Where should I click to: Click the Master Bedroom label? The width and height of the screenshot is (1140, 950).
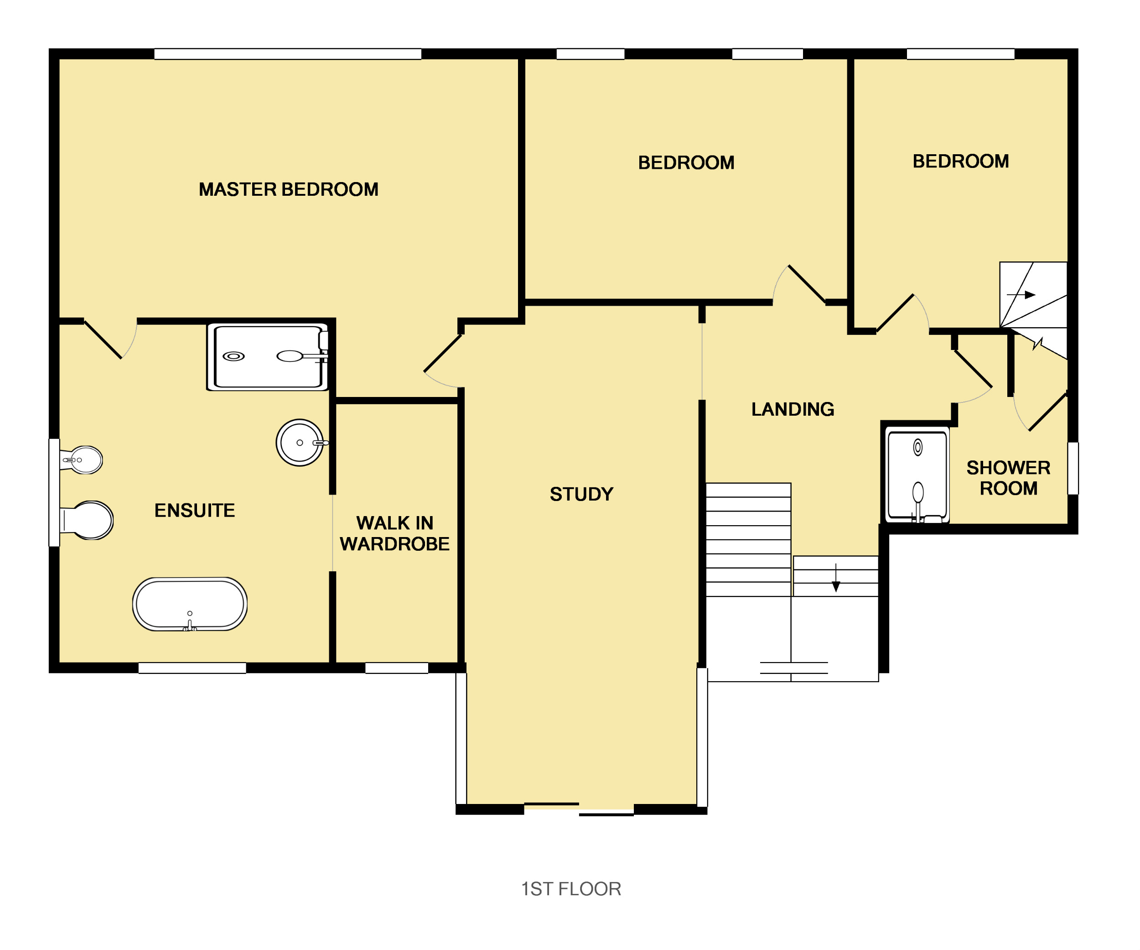tap(288, 189)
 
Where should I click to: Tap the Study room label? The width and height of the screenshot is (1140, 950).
tap(581, 494)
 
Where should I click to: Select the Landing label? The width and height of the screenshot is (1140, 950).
tap(793, 409)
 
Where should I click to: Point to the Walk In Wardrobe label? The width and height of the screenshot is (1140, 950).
tap(394, 533)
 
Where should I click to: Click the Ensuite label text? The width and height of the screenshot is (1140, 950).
tap(195, 511)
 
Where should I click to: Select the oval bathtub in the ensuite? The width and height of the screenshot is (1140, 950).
tap(190, 604)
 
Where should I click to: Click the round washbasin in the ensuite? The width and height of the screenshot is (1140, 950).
tap(300, 443)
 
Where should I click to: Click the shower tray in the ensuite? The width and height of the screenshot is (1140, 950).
tap(268, 357)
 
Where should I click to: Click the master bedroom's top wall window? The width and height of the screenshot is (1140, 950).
tap(288, 54)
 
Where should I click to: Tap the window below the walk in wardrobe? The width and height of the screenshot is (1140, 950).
tap(397, 668)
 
